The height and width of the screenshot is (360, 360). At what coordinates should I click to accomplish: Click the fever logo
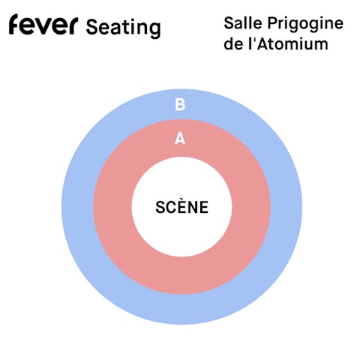click(x=43, y=24)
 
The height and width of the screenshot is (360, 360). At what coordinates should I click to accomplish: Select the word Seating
click(x=123, y=28)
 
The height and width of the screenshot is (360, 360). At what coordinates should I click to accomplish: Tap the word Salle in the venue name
click(x=243, y=23)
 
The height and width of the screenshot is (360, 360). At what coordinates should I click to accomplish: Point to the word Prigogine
click(x=305, y=25)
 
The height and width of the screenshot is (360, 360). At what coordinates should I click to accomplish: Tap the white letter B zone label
click(x=180, y=104)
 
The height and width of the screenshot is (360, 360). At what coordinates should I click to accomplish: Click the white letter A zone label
click(x=180, y=139)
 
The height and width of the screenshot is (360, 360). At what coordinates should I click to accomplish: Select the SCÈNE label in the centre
click(x=181, y=207)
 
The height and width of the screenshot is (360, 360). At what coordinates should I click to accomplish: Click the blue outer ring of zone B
click(x=77, y=207)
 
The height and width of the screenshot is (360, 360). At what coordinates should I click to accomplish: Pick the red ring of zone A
click(x=112, y=207)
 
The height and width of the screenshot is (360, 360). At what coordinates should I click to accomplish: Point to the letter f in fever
click(x=15, y=24)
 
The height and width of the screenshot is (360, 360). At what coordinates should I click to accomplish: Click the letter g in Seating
click(x=154, y=30)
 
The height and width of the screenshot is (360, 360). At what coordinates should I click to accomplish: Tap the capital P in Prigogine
click(x=273, y=23)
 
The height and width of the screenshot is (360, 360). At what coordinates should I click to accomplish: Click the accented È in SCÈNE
click(x=183, y=207)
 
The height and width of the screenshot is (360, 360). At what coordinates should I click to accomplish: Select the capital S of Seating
click(x=91, y=27)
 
